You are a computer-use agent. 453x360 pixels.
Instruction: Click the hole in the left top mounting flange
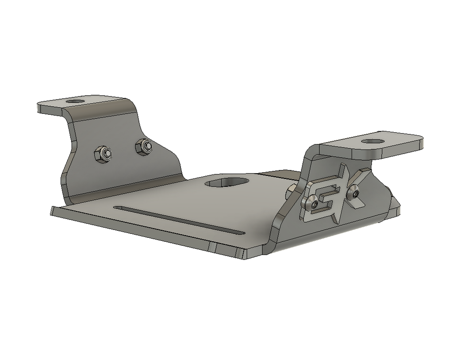point(76,101)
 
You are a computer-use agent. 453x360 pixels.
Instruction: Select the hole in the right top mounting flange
point(372,141)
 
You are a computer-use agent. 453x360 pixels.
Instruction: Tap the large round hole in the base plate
point(227,182)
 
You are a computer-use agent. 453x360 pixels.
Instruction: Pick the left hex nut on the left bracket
point(103,154)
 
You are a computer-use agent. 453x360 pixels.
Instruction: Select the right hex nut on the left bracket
point(144,146)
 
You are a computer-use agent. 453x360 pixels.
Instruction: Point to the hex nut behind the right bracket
point(291,190)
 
